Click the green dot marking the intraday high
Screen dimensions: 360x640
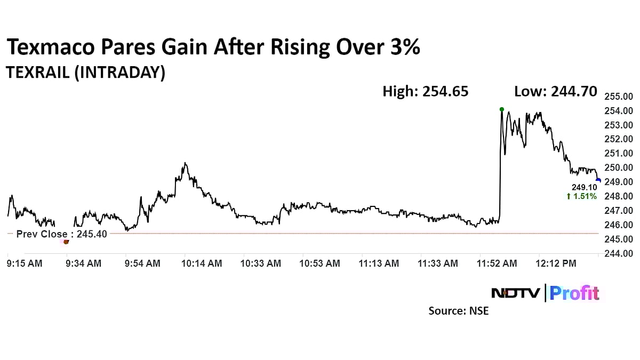(501, 109)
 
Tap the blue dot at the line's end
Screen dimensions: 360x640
(598, 180)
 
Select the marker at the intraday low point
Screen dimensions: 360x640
(66, 242)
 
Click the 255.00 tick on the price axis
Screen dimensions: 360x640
(618, 97)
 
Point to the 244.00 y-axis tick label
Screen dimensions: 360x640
(618, 253)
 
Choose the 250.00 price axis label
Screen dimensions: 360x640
(618, 167)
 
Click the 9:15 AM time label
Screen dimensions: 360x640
(25, 263)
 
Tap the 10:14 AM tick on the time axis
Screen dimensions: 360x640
(202, 263)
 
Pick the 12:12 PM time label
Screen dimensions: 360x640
(556, 263)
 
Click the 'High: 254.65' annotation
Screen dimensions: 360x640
(426, 91)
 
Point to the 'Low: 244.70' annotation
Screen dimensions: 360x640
(555, 91)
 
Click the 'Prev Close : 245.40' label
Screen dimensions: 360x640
(61, 234)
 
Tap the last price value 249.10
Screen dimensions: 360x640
(584, 188)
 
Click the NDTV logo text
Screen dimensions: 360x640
(515, 293)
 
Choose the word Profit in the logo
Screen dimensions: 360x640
(574, 293)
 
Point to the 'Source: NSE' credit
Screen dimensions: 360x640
(458, 310)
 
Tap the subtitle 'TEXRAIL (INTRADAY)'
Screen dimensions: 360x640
(85, 72)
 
